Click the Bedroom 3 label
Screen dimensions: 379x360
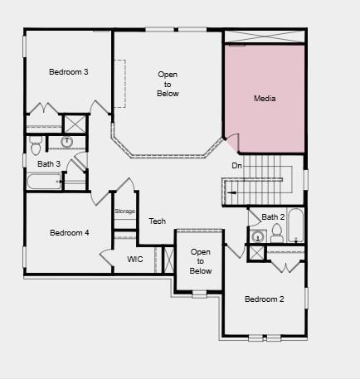tap(69, 72)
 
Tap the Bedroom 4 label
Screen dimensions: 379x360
tap(69, 233)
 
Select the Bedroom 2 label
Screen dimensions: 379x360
tap(265, 299)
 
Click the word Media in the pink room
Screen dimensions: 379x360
tap(265, 99)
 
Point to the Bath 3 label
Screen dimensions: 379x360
tap(49, 164)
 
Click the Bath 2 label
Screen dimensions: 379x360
tap(274, 217)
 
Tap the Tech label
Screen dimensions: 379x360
tap(158, 221)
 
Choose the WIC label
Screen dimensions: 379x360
tap(135, 260)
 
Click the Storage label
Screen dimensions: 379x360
tap(124, 211)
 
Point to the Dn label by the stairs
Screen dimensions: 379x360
tap(236, 166)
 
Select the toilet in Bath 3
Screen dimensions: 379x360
tap(36, 146)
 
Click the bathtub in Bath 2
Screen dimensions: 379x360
tap(296, 226)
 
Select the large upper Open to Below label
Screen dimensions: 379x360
tap(168, 84)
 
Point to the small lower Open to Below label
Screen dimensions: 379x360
tap(201, 261)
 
